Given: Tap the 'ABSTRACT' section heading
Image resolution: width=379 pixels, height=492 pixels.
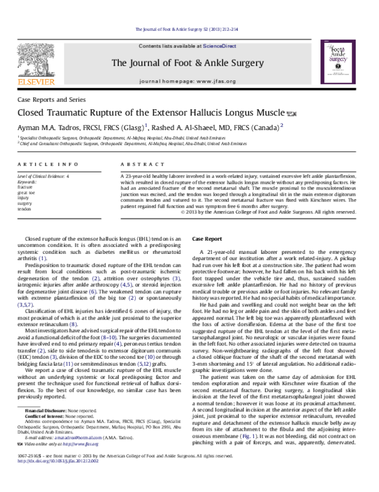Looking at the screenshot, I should [x=136, y=164].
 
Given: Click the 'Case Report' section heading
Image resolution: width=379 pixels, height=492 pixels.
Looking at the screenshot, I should [x=207, y=240].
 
